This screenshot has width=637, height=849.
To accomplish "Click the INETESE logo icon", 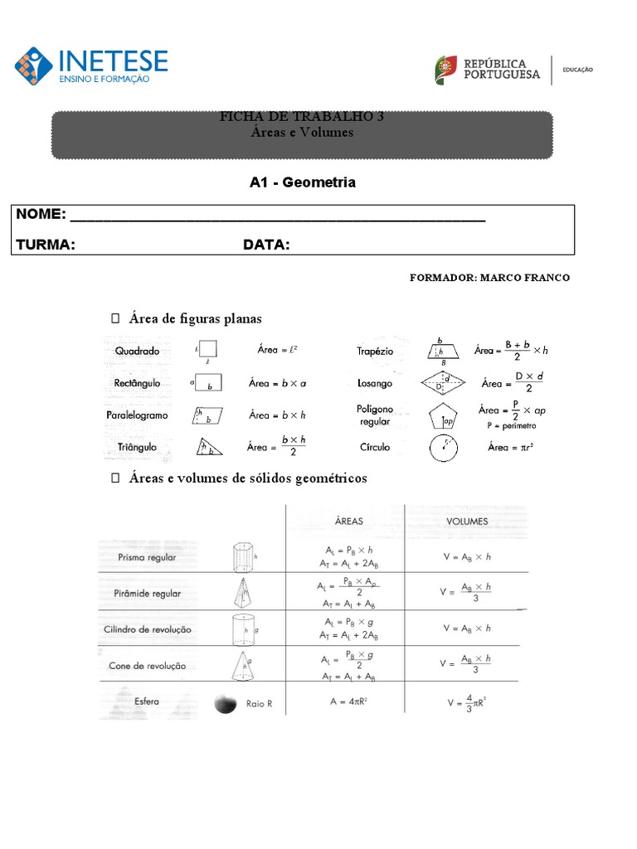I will coord(33,67).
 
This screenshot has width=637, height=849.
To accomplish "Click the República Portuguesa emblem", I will coord(445,70).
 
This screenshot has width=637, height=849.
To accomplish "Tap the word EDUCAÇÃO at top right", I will coord(578,70).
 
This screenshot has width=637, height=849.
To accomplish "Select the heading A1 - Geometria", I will coord(303,182).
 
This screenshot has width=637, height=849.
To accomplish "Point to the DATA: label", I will coord(266,245).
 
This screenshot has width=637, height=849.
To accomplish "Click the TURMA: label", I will coord(46,245).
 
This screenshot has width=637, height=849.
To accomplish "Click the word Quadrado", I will coord(137,351).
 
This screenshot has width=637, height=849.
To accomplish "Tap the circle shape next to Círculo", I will coord(444,449).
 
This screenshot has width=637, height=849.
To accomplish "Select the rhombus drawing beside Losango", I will coord(442,383).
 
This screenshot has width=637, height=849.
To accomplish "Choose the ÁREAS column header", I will coord(348,522).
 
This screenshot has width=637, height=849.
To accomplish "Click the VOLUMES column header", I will coord(467,522).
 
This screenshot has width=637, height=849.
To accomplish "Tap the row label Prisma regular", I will coord(147,558).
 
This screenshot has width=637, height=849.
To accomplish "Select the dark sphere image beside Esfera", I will coord(224,704).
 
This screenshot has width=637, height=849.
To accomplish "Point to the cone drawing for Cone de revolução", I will coord(242,665).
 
